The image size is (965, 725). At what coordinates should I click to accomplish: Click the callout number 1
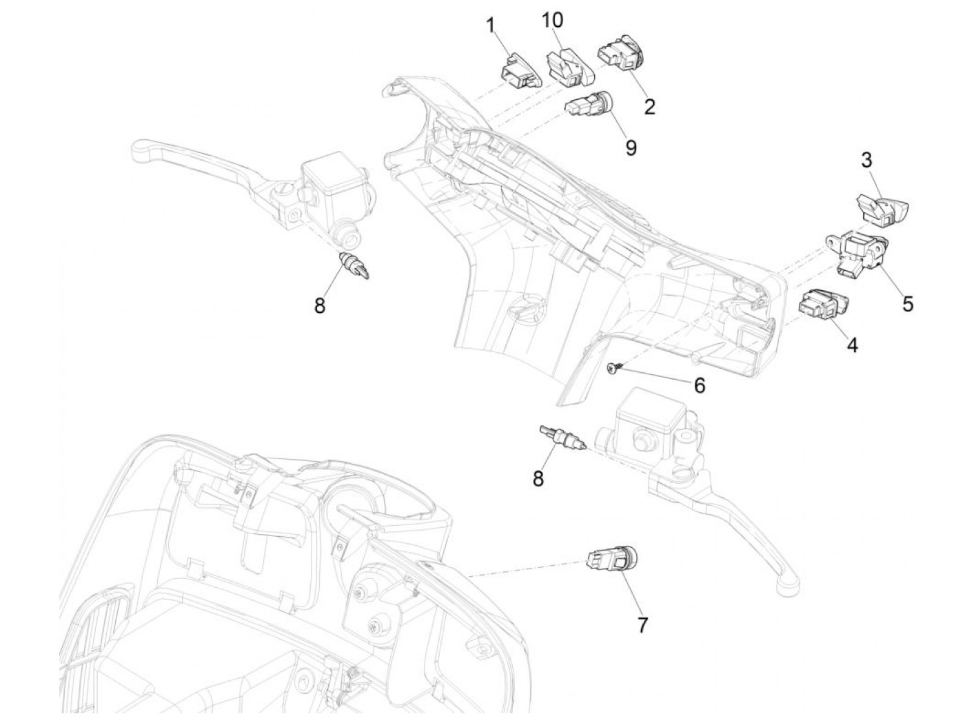[x=491, y=26]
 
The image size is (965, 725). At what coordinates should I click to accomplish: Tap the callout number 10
[x=552, y=21]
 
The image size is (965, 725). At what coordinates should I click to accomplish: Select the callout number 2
[x=649, y=106]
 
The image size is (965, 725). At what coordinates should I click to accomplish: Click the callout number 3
[x=866, y=160]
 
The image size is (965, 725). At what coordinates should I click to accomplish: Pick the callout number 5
[x=908, y=303]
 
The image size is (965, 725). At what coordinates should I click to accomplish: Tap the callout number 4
[x=853, y=345]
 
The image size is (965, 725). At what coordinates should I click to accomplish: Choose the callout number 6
[x=700, y=385]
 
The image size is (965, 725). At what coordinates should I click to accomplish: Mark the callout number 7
[x=642, y=625]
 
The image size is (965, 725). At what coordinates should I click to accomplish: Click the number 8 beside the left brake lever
[x=320, y=305]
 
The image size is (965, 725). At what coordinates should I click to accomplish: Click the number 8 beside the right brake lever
[x=538, y=478]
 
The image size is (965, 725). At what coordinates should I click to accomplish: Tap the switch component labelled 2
[x=620, y=54]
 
